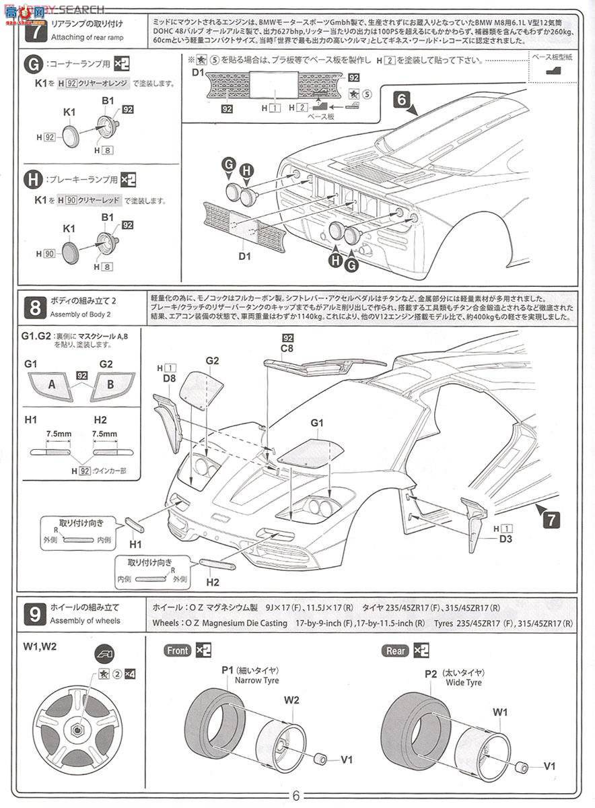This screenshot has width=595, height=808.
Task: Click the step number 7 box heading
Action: click(x=34, y=31)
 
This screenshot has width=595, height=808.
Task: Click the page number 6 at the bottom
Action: click(x=296, y=795)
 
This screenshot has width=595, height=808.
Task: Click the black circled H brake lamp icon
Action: click(x=32, y=180)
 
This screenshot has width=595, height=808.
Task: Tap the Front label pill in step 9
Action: click(x=178, y=650)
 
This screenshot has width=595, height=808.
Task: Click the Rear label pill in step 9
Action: click(x=396, y=650)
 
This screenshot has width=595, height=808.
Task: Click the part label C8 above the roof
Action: click(x=288, y=349)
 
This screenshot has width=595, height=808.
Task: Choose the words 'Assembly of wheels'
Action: click(x=85, y=621)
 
